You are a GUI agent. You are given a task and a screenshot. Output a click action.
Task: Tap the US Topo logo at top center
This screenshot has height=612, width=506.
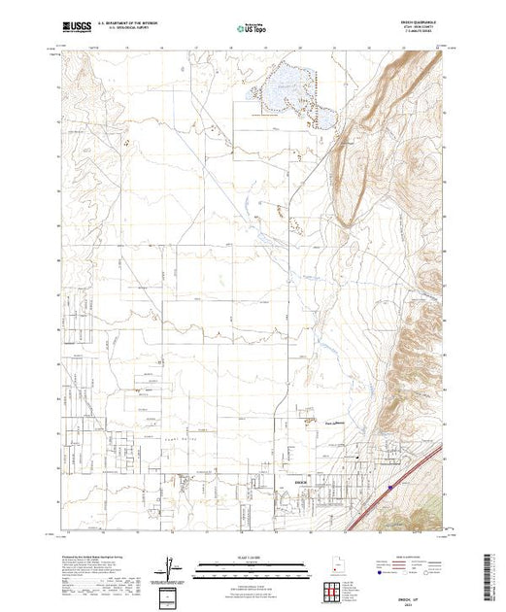tap(253, 28)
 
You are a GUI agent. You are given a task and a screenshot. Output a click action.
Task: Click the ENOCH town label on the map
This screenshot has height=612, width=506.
tap(300, 477)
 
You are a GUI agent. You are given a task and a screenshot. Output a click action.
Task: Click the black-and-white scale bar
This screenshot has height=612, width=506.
tap(253, 564)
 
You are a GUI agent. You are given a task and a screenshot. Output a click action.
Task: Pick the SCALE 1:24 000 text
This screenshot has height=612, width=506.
tap(253, 557)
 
